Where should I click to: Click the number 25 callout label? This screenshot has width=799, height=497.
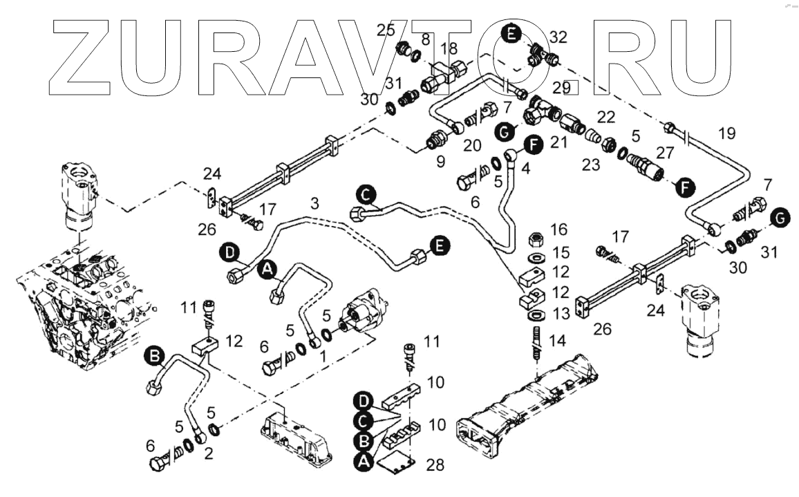point(386,30)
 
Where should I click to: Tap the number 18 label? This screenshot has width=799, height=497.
point(449,48)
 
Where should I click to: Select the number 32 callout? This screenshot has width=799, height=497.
point(558,36)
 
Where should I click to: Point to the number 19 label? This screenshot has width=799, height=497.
point(726,133)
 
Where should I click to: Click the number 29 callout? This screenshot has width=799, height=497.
point(561,88)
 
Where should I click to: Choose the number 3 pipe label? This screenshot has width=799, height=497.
point(315,204)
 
